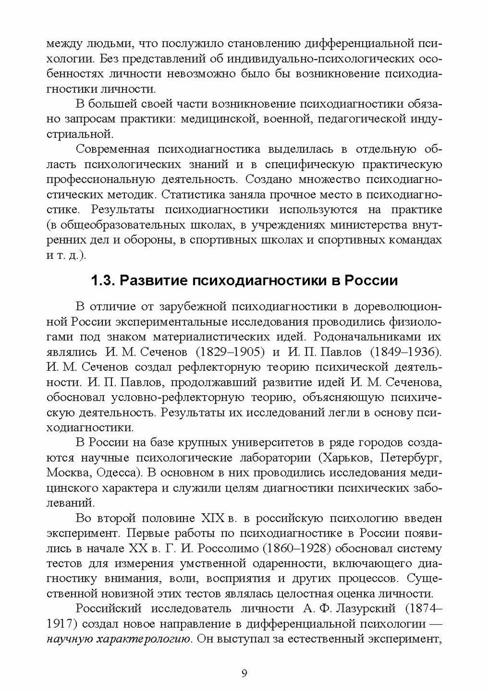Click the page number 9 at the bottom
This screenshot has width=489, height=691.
[244, 674]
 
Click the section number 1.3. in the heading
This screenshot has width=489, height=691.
[103, 280]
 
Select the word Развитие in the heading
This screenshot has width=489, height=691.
[153, 280]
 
